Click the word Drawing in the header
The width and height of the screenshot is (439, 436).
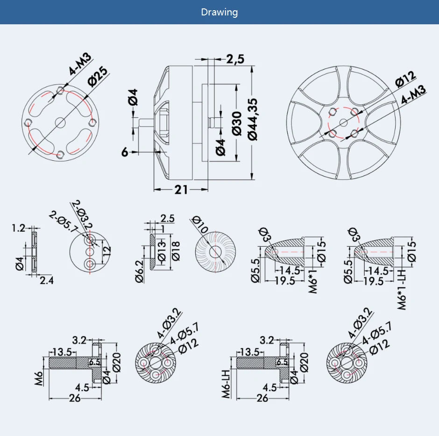219,12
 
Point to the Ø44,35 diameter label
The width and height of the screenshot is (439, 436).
253,119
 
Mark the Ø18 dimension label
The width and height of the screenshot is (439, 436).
176,251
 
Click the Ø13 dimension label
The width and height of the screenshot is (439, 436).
162,251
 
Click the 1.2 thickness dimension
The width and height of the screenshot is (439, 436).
19,228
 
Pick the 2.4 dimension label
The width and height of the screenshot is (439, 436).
46,280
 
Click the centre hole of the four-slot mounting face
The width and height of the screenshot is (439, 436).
60,122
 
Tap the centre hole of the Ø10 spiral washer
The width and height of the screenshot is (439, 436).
215,251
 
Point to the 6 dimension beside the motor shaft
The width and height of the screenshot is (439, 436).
125,152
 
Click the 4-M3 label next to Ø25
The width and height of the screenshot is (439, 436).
80,64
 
